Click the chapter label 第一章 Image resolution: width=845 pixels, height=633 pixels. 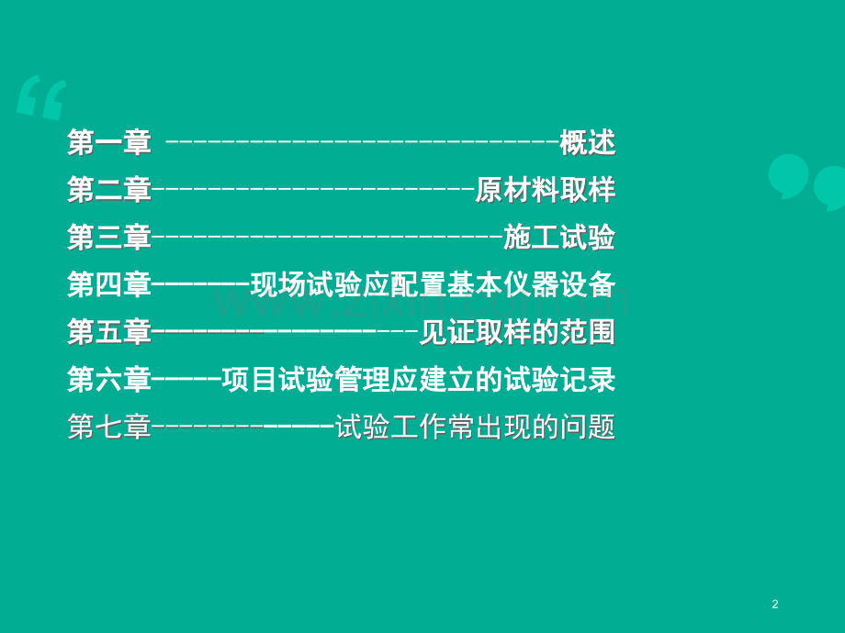point(109,143)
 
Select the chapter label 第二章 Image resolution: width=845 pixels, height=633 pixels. point(109,190)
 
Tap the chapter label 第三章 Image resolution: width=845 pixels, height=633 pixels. point(109,238)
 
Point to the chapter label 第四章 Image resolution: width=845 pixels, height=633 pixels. point(109,284)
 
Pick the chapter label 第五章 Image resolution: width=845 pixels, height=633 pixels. point(109,332)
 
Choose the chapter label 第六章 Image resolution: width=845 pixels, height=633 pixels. point(109,380)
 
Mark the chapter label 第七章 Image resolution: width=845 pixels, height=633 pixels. point(109,427)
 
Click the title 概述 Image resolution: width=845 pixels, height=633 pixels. point(588,143)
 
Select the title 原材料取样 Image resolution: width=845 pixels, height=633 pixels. point(546,190)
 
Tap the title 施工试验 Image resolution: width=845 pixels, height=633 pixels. point(559,238)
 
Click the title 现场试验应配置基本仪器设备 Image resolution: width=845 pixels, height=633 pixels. point(433,284)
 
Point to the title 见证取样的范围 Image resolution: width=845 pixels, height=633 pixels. point(517,332)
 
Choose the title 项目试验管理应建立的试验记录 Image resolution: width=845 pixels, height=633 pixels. point(419,380)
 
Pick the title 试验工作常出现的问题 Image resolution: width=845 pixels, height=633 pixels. point(476,427)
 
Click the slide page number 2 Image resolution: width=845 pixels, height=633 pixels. point(775,604)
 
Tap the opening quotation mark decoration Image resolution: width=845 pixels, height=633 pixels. point(41,97)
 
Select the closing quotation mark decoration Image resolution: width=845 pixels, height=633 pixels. point(806,182)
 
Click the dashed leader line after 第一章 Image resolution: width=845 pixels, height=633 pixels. point(362,143)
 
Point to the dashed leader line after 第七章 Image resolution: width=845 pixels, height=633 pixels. point(243,428)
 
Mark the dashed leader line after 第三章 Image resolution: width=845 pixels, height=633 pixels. point(328,238)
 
